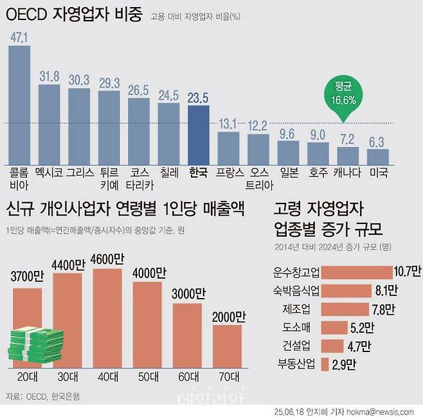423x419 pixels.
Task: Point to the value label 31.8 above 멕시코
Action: point(49,77)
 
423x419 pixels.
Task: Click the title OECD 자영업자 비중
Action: point(74,14)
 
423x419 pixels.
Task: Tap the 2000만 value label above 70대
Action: point(228,317)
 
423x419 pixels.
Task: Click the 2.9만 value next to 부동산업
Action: point(344,364)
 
